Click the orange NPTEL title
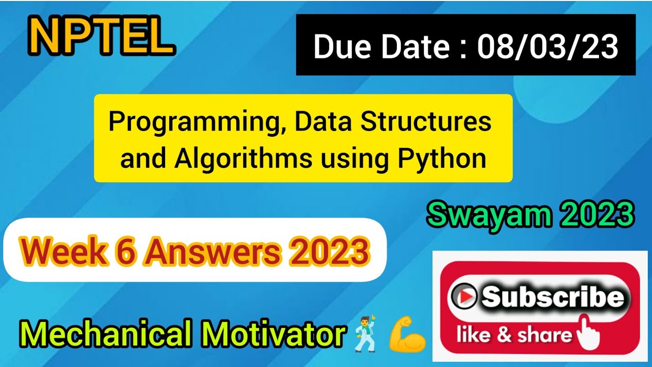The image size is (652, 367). tap(102, 36)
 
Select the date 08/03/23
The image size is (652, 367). tap(548, 46)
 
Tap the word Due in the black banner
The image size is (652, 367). tap(342, 46)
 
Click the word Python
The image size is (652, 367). tap(442, 159)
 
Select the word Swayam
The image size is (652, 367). tap(489, 216)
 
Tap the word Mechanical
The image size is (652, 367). tap(106, 333)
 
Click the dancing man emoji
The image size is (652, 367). tap(366, 334)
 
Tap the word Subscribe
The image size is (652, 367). tap(553, 296)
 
